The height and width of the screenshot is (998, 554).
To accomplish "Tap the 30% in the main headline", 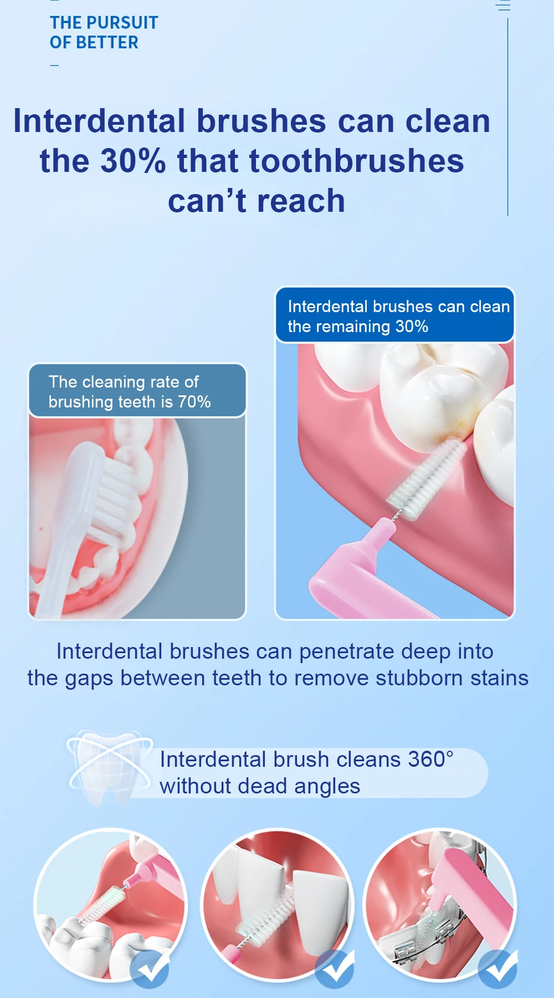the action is [133, 161].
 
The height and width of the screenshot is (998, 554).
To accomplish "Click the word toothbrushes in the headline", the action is [357, 161].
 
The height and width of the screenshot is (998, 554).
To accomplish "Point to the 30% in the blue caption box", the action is [412, 326].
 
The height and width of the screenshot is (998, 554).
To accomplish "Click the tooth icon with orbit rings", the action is [110, 768].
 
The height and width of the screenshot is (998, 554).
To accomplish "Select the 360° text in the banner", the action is [430, 759].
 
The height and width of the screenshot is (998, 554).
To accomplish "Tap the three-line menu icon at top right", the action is [503, 6].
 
